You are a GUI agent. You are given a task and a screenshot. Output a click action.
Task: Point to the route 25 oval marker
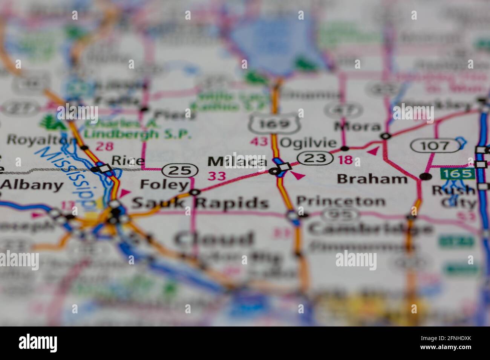click(x=180, y=171)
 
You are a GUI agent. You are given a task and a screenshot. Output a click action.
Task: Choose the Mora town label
click(x=357, y=126)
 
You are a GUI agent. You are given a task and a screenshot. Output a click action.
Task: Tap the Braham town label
click(x=372, y=178)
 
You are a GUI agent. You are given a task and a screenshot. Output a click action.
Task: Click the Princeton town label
click(x=341, y=201)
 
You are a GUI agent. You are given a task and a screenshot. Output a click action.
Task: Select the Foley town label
click(x=164, y=185)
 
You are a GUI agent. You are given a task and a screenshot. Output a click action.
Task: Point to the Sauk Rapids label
click(x=200, y=203)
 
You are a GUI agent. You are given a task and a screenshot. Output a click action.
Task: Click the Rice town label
click(x=128, y=161)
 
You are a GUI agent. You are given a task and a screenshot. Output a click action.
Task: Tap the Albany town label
click(x=32, y=185)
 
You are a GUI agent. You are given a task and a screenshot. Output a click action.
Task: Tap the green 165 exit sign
click(x=457, y=174)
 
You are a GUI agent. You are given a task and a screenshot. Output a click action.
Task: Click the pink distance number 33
click(x=217, y=176)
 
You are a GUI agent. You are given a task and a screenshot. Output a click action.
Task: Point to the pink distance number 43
click(x=259, y=142)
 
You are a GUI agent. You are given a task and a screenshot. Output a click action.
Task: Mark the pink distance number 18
click(x=345, y=160)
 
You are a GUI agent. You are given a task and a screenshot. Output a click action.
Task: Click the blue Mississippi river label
click(x=68, y=177)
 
